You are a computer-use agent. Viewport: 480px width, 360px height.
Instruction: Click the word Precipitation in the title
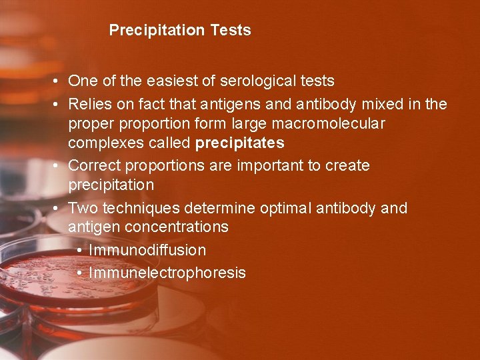coord(156,30)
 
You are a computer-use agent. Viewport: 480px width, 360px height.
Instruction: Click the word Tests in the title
coord(231,30)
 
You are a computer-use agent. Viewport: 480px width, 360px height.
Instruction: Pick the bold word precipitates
coord(239,143)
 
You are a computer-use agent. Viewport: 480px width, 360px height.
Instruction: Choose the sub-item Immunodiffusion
coord(147,251)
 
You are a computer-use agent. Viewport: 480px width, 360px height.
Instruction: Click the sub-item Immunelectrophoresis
coord(167,273)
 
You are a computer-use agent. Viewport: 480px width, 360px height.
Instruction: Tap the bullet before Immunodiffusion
coord(79,251)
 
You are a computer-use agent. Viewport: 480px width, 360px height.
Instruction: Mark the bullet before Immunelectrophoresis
coord(79,273)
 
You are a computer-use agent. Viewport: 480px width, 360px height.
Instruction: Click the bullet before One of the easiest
coord(59,81)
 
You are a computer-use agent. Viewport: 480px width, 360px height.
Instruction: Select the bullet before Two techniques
coord(59,209)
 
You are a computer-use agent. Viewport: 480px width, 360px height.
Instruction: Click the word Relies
coord(90,105)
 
